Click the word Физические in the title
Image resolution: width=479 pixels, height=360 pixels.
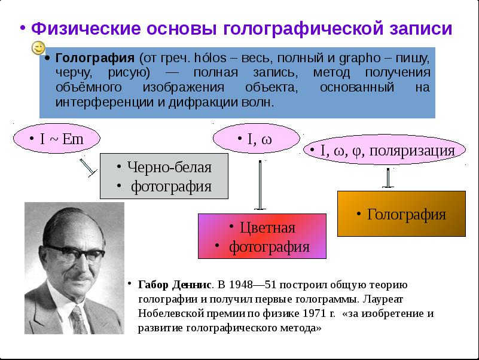point(86,29)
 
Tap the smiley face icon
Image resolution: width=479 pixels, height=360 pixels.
point(38,48)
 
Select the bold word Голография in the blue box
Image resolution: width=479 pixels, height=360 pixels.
point(94,58)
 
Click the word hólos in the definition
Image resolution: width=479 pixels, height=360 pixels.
point(210,58)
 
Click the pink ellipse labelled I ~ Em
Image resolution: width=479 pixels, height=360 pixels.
point(57,138)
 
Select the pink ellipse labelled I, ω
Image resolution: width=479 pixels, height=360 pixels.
point(257,138)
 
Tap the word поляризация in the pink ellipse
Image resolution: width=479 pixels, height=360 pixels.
point(412,151)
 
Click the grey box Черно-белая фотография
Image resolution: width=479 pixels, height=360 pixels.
point(164,176)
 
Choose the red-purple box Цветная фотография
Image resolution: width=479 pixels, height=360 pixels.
point(262,236)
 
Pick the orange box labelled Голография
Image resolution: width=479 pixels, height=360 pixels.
point(401,213)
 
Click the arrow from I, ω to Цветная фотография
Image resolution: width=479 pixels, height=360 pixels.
point(260,185)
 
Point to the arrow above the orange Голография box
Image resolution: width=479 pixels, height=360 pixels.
point(388,178)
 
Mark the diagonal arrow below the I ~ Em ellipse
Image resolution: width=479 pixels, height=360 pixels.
point(88,167)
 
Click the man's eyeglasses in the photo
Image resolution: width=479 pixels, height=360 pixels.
point(75,253)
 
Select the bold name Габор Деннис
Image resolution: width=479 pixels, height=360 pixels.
point(175,285)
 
